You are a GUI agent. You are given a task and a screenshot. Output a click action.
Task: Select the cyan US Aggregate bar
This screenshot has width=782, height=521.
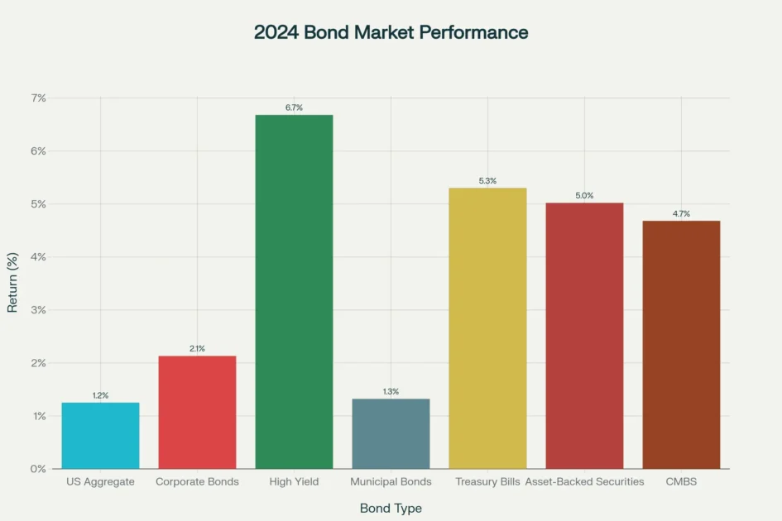pos(100,435)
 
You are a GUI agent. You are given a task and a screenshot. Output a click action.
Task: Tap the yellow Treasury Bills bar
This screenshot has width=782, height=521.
pos(487,327)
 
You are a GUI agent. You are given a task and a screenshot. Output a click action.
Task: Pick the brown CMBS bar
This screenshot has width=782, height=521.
pos(681,344)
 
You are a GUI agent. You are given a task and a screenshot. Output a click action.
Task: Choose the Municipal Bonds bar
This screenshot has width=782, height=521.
pos(391,433)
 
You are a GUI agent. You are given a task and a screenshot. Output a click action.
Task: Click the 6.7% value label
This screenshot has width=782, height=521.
pos(294,108)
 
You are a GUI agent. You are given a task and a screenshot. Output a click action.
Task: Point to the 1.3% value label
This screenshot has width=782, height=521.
pos(391,391)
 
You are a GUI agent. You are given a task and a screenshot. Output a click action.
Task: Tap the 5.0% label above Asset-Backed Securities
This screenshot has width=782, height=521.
pos(584,195)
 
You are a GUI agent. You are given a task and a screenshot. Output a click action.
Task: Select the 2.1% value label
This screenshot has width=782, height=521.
pos(197,348)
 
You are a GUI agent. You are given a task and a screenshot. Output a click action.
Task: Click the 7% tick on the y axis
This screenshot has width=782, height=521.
pos(39,98)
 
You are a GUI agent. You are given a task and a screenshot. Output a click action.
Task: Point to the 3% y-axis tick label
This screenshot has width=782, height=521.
pos(39,310)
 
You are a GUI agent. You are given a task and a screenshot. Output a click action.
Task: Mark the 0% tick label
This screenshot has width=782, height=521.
pos(39,469)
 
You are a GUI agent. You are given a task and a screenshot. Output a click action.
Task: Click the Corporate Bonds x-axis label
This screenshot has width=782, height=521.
pos(197,481)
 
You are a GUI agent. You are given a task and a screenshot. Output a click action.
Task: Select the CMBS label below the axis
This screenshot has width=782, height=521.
pos(681,481)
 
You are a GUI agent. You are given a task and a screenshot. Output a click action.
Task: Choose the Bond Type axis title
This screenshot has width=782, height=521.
pos(391,508)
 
